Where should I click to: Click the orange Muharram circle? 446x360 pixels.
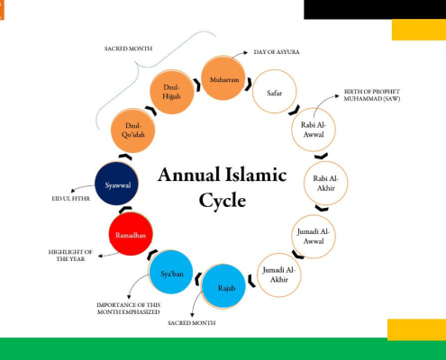(x=223, y=78)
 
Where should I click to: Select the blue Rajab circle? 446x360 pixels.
(x=223, y=286)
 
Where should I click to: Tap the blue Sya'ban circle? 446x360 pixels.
(x=170, y=272)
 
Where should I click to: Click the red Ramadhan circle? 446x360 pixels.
(x=131, y=234)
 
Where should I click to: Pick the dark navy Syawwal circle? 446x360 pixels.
(x=116, y=184)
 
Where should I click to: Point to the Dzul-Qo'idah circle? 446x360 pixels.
(x=132, y=130)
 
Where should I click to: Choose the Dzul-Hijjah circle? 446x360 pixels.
(x=171, y=92)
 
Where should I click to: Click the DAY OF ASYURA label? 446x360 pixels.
(x=277, y=52)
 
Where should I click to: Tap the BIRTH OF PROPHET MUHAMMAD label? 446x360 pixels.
(x=372, y=95)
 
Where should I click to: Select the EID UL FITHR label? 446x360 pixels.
(x=71, y=199)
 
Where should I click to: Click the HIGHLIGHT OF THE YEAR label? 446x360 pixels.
(x=70, y=256)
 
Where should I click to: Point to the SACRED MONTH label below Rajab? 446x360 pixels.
(x=192, y=323)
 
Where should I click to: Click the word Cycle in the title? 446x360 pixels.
(x=223, y=201)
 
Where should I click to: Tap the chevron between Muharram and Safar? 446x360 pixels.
(x=249, y=85)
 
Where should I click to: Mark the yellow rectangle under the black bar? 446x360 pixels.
(x=419, y=30)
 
